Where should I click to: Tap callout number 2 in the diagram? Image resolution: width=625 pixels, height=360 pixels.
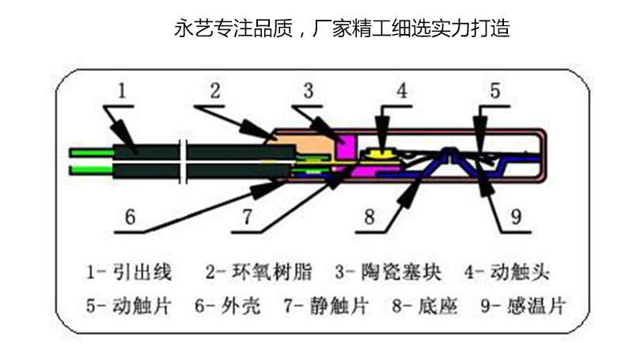pos(214,91)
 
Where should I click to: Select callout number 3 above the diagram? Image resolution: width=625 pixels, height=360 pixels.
pos(309,91)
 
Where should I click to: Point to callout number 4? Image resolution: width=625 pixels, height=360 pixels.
pos(403,91)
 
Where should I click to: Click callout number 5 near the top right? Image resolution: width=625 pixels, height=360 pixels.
pos(494,91)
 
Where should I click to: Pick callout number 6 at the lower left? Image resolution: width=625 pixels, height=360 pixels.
pos(131,216)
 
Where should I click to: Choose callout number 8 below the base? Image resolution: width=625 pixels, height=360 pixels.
pos(369,216)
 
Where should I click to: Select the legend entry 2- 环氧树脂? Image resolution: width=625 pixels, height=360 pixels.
pos(258,272)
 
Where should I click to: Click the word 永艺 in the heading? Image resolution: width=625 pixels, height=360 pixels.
pos(187,30)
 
